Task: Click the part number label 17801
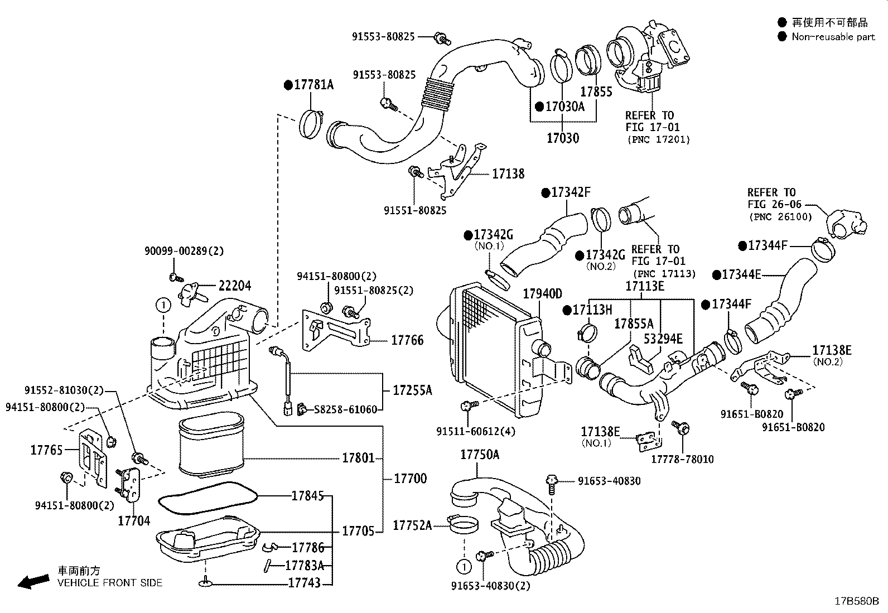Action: pyautogui.click(x=358, y=458)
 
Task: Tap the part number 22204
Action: pyautogui.click(x=235, y=286)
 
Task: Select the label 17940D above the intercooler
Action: pyautogui.click(x=542, y=294)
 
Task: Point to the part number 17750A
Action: pyautogui.click(x=480, y=455)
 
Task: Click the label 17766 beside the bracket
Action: pyautogui.click(x=408, y=340)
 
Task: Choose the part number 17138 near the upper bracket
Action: pyautogui.click(x=508, y=173)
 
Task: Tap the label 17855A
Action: pyautogui.click(x=634, y=324)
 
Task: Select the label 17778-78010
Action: pyautogui.click(x=682, y=459)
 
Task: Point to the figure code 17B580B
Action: pyautogui.click(x=857, y=601)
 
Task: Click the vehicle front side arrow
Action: pyautogui.click(x=33, y=582)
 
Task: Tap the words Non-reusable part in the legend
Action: pyautogui.click(x=833, y=37)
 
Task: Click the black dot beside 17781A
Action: pyautogui.click(x=288, y=85)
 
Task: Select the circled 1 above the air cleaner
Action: pyautogui.click(x=163, y=305)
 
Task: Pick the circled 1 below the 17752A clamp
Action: pyautogui.click(x=464, y=567)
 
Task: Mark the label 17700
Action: pyautogui.click(x=411, y=479)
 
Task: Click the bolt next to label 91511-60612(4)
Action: pyautogui.click(x=469, y=406)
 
